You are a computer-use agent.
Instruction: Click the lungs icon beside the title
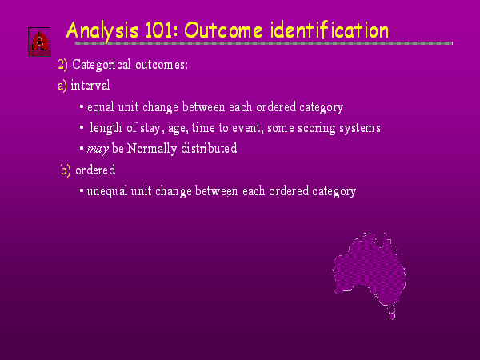39,42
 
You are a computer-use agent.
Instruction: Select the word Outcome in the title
223,30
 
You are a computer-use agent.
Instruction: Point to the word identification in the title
330,30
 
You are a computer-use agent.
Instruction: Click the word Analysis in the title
102,32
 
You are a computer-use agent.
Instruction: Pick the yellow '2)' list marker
62,65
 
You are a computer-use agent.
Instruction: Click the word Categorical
102,66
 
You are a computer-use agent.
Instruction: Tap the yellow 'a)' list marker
62,86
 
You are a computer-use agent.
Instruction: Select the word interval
90,85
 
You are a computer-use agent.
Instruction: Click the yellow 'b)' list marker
66,170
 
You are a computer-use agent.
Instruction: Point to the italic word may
98,150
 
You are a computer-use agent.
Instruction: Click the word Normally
152,149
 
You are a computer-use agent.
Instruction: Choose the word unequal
107,192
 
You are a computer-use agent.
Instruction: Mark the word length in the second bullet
106,128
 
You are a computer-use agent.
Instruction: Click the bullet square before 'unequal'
82,191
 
